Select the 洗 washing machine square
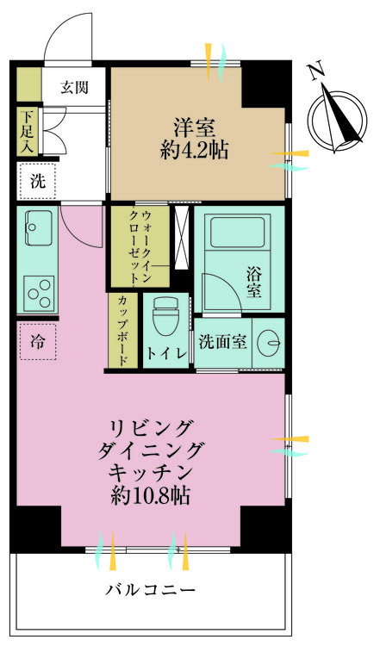(x=37, y=183)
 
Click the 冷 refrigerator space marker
(x=37, y=340)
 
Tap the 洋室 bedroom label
(x=196, y=126)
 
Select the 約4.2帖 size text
(x=196, y=152)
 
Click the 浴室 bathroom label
(x=252, y=283)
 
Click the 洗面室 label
(x=222, y=342)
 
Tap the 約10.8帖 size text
(x=151, y=495)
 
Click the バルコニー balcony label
(x=151, y=591)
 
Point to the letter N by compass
(x=316, y=70)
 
